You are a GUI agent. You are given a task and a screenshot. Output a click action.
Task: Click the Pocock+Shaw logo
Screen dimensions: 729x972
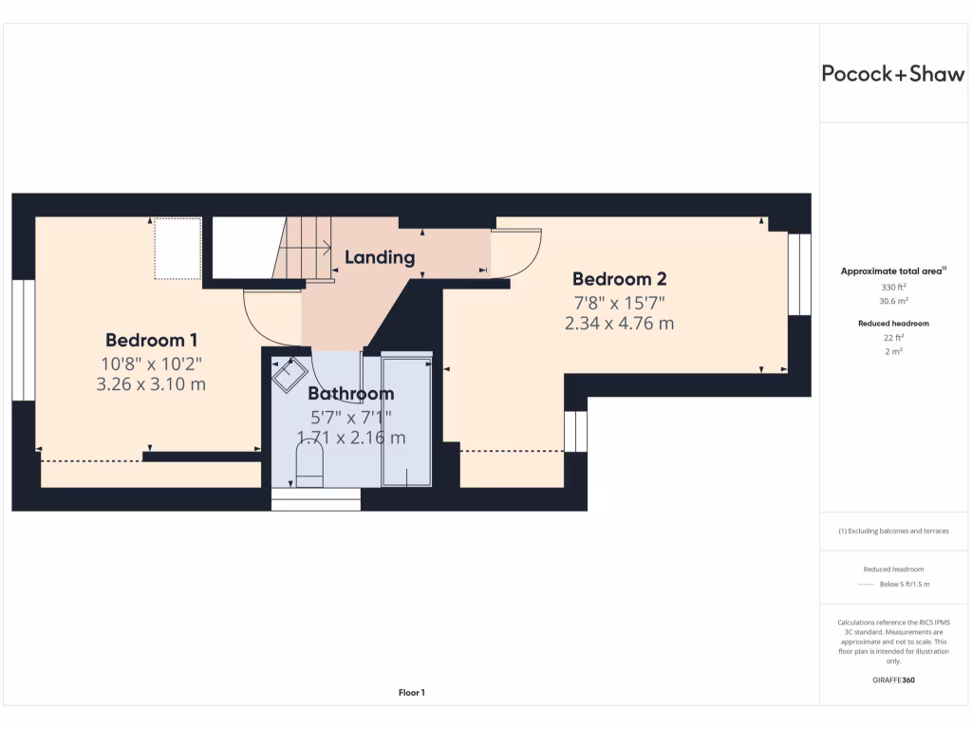[x=892, y=75]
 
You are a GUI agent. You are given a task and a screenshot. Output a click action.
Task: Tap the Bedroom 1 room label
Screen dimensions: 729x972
[x=152, y=340]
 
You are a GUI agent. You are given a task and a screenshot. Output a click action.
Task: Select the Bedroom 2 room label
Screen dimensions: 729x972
[x=619, y=279]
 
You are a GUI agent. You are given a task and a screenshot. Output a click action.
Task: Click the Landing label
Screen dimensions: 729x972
[x=380, y=257]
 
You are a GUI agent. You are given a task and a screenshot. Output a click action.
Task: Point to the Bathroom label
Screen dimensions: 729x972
[x=350, y=393]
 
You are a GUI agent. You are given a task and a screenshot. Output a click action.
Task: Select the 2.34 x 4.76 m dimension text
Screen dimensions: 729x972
[x=619, y=324]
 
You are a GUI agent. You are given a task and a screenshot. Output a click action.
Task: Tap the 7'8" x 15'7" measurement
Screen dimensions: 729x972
[x=619, y=303]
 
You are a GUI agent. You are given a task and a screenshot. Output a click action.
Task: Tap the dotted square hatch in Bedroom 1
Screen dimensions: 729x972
[x=178, y=249]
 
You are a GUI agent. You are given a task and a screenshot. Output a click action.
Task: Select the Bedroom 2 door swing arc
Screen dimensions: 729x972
[x=518, y=254]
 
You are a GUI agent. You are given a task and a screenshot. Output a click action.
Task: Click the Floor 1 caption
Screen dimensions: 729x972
[x=411, y=693]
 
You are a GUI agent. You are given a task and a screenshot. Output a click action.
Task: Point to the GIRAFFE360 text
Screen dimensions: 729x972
[x=892, y=680]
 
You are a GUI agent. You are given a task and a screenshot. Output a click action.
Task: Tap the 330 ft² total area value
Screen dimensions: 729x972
[x=892, y=286]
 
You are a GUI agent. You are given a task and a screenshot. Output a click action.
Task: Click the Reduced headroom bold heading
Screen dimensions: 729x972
[x=892, y=324]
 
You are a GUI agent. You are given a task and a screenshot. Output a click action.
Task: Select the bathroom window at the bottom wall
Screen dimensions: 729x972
[x=316, y=499]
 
